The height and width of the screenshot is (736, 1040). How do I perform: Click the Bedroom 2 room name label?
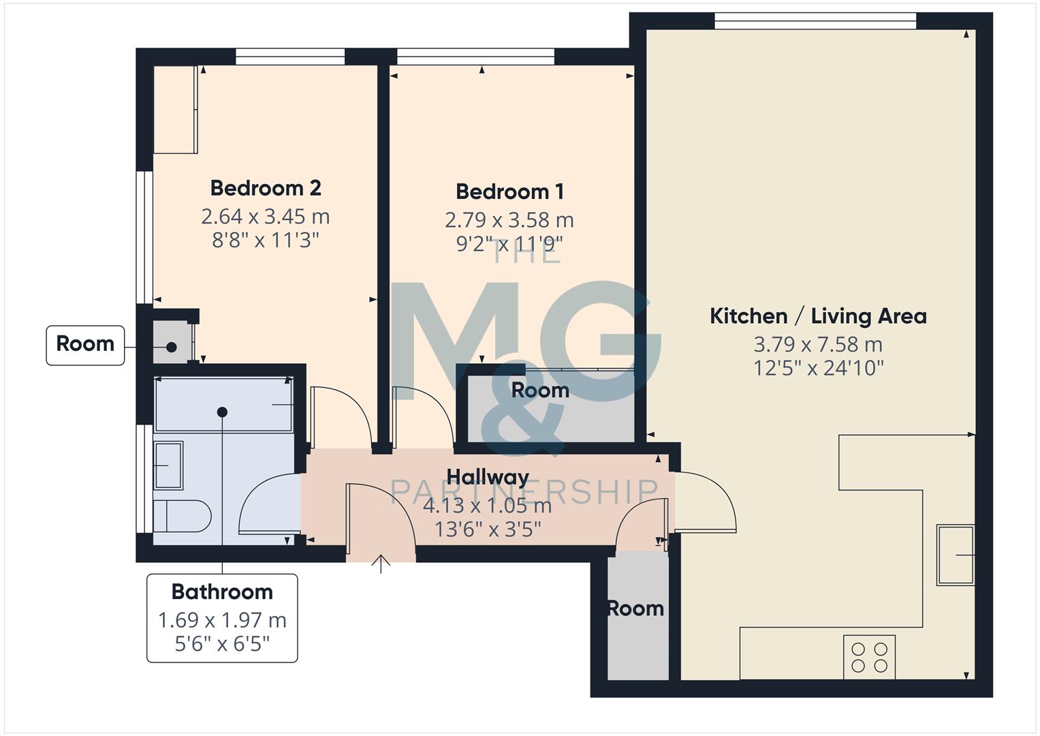[265, 188]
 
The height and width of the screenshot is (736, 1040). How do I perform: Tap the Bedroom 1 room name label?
[509, 192]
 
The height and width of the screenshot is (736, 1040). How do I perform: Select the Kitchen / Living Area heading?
[818, 316]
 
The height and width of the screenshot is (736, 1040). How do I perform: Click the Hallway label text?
[488, 477]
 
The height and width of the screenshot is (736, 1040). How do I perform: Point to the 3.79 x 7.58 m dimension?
[818, 345]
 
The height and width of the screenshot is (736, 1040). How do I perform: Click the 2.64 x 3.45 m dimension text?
[265, 217]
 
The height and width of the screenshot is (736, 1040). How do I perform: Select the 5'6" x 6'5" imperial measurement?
[222, 644]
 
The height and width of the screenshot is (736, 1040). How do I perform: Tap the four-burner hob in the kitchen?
[869, 657]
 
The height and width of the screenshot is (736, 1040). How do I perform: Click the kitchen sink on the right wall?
[956, 555]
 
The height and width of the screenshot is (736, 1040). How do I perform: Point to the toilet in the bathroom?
[180, 517]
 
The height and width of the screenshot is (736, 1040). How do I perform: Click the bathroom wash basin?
[168, 465]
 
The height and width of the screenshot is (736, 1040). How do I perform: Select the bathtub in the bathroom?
[223, 405]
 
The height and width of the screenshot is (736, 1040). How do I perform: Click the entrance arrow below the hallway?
[381, 564]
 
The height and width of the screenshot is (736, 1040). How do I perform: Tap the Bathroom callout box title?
[222, 592]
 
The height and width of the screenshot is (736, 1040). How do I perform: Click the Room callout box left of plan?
[85, 344]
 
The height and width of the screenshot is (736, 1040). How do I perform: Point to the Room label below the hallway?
[635, 609]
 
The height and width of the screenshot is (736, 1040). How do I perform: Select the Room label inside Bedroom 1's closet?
[540, 390]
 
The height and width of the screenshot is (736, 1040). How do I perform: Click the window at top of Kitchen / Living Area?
[815, 21]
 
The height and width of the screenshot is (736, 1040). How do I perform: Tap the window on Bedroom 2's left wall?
[144, 236]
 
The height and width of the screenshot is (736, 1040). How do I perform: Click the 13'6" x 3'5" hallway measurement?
[488, 529]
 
